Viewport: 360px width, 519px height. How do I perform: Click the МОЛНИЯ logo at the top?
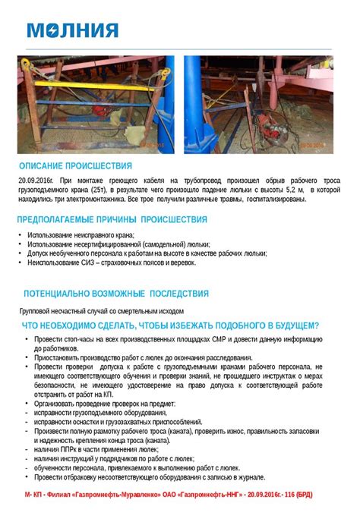coord(73,30)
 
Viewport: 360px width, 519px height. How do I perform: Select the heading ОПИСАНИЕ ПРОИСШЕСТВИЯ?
coord(75,166)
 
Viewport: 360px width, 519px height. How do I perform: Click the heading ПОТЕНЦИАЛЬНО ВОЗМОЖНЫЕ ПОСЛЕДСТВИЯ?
coord(115,294)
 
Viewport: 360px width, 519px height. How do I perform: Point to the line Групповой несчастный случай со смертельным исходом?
coord(101,311)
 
